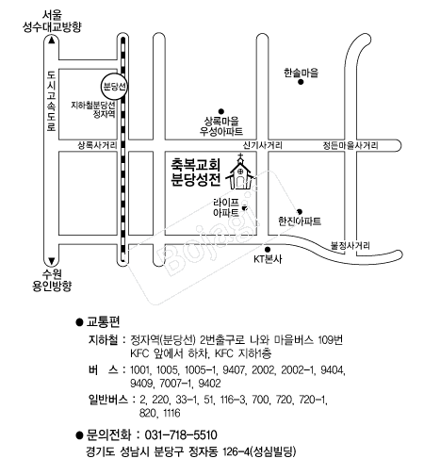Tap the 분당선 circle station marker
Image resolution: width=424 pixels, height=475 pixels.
(x=114, y=87)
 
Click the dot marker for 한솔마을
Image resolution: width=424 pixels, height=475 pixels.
(x=301, y=82)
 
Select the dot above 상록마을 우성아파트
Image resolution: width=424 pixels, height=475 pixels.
(x=221, y=111)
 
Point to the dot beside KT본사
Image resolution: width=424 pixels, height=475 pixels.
(x=268, y=250)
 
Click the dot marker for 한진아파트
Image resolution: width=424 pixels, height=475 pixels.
(x=300, y=212)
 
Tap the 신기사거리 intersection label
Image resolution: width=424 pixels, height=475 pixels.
(x=263, y=145)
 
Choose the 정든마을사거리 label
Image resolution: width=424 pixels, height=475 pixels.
(x=351, y=145)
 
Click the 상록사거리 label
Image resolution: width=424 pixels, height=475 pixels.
(x=97, y=145)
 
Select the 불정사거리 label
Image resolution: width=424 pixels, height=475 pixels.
(x=351, y=245)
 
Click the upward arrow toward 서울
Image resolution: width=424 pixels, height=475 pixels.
(x=52, y=41)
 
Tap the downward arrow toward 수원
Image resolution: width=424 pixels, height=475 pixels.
(x=52, y=261)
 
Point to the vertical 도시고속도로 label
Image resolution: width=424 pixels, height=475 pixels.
(x=51, y=101)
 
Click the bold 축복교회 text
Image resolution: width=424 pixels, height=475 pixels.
(x=195, y=164)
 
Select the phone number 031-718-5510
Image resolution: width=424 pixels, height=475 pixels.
(x=181, y=435)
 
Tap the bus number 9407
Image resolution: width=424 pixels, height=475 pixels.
(x=233, y=369)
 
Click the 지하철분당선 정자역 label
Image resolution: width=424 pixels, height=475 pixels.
(x=93, y=109)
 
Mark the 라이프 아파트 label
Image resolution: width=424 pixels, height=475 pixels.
(x=226, y=207)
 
